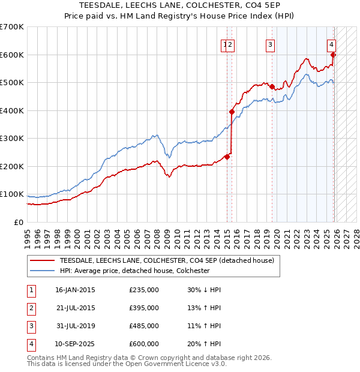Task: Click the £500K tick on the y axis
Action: tap(11, 83)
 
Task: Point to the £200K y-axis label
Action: tap(11, 166)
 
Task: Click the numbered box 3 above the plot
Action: tap(271, 44)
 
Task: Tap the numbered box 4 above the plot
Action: tap(331, 44)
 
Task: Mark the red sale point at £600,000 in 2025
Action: tap(334, 55)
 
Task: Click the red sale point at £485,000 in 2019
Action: tap(272, 87)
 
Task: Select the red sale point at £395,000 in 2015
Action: tap(232, 112)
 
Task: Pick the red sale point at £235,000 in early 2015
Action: tap(227, 157)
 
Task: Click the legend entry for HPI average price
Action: tap(134, 271)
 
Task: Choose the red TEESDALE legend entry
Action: tap(167, 260)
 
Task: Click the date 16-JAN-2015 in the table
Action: tap(74, 290)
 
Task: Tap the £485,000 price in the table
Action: tap(144, 326)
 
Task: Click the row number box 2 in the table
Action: tap(30, 308)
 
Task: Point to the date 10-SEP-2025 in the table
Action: tap(74, 344)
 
